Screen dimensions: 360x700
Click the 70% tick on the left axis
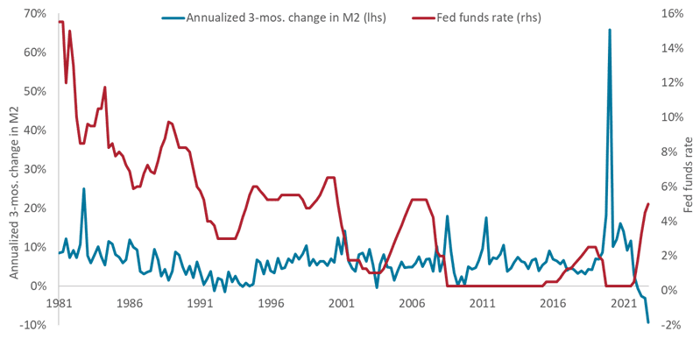(x=36, y=14)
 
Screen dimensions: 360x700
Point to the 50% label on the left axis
(x=36, y=91)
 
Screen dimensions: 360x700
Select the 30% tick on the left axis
(x=36, y=169)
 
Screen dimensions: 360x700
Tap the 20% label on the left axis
(x=36, y=208)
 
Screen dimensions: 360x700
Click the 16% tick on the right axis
(x=673, y=14)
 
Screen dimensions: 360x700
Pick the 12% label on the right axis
(x=673, y=82)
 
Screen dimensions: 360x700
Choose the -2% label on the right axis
(x=673, y=324)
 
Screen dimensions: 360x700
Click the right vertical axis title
(x=690, y=175)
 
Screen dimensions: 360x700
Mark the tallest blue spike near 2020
(x=609, y=30)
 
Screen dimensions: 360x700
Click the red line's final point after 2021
(x=648, y=203)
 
